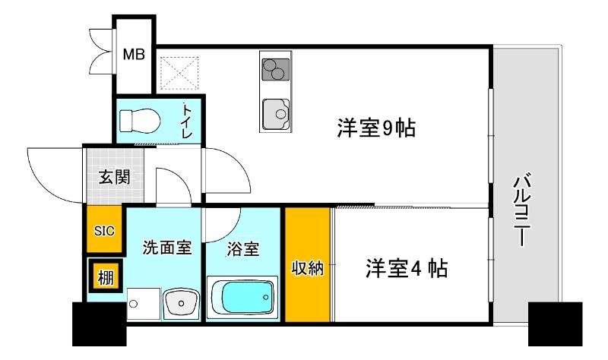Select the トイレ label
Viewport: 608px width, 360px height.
coord(187,120)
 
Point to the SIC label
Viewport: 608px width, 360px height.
coord(105,230)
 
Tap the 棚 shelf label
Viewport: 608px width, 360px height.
coord(105,277)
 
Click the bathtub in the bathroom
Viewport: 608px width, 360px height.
coord(242,297)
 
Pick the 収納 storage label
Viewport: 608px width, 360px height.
coord(308,267)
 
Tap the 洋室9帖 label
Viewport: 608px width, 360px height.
coord(375,128)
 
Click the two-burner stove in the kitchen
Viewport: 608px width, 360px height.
coord(274,68)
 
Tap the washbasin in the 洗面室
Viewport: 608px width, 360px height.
coord(182,305)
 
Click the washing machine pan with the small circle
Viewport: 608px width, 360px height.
coord(143,304)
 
